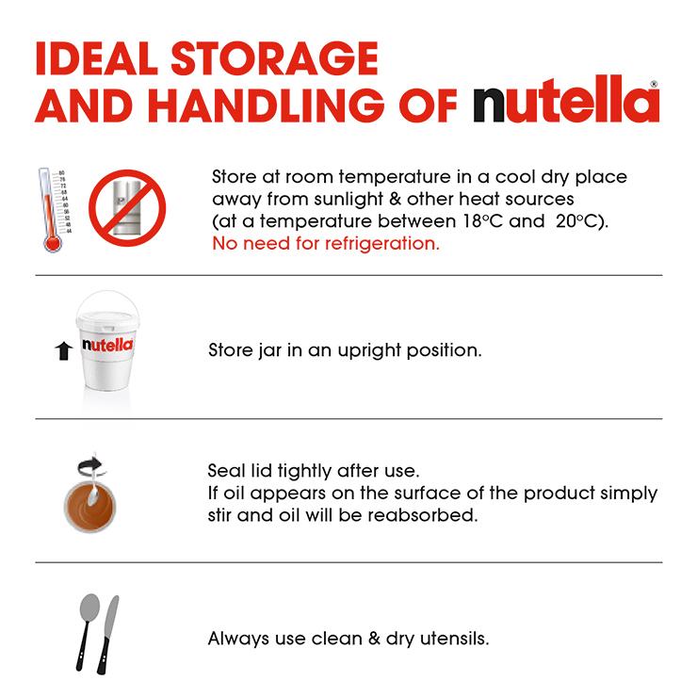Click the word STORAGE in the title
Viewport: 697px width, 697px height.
click(x=274, y=58)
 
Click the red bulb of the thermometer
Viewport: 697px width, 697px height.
click(x=53, y=243)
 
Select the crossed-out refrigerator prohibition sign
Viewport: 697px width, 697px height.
click(x=127, y=207)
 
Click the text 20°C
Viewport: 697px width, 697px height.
click(x=575, y=221)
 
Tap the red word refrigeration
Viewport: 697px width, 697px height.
click(x=381, y=244)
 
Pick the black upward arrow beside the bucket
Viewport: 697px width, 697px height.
click(x=64, y=350)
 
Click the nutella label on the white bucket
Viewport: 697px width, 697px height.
click(x=107, y=345)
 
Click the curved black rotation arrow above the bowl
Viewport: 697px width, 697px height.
click(x=90, y=465)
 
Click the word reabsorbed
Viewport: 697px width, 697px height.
click(x=422, y=515)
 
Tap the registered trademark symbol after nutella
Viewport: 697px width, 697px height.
click(x=654, y=84)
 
